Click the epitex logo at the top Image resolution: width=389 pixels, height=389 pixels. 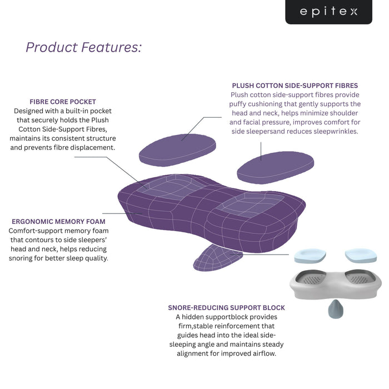click(328, 12)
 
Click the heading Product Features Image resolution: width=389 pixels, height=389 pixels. click(83, 47)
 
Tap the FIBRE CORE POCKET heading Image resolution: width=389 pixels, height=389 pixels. click(63, 102)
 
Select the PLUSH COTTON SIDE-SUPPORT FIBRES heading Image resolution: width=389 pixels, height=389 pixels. click(295, 86)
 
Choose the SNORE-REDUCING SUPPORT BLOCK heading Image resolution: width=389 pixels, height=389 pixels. click(226, 307)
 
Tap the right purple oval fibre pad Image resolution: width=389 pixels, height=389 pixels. click(276, 166)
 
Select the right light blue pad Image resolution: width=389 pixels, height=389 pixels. click(361, 255)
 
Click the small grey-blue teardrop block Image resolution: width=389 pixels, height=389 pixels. click(336, 308)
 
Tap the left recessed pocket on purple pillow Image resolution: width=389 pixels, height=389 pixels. click(167, 188)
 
